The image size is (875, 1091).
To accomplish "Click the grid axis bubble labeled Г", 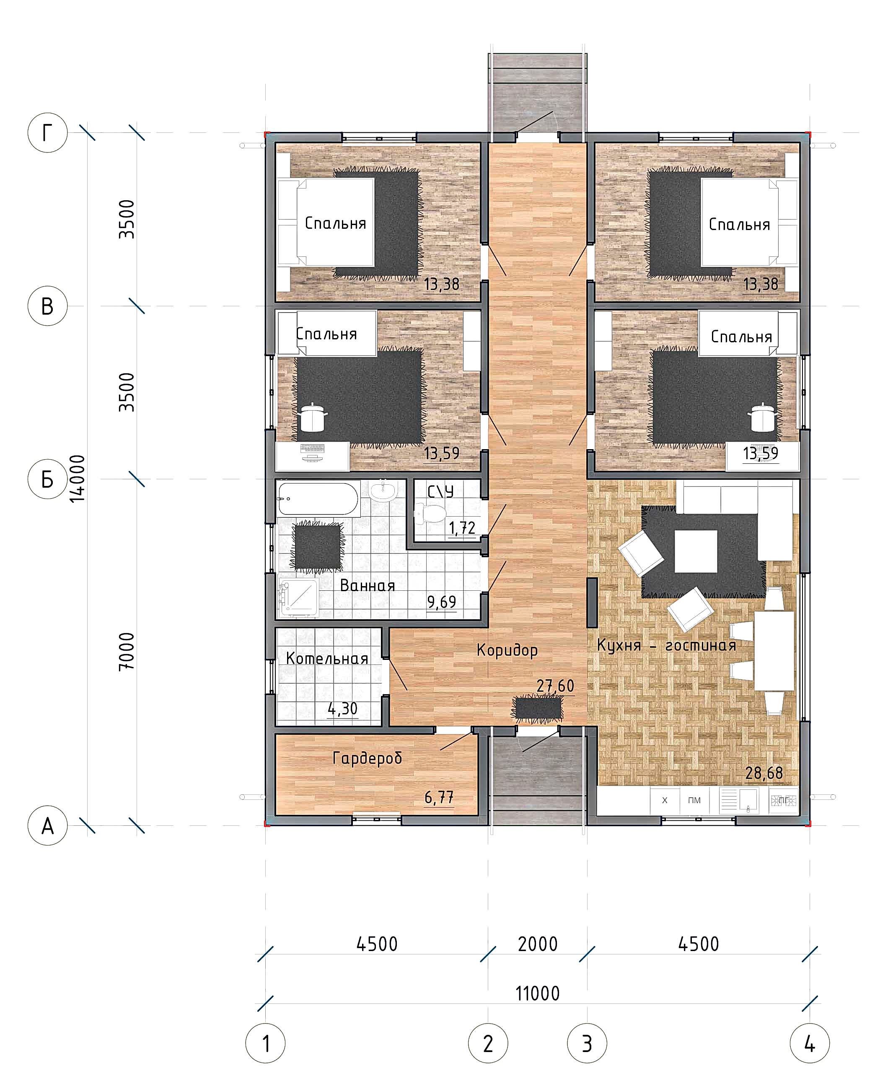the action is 47,132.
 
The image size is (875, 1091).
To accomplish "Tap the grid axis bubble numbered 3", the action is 587,1043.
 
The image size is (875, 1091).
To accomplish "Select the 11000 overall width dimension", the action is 538,993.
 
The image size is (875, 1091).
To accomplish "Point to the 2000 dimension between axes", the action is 538,944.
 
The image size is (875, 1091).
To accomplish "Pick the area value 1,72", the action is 462,528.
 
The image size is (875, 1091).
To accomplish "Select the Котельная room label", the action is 327,658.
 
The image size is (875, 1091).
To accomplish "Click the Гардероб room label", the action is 368,757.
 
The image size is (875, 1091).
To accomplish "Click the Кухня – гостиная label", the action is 666,645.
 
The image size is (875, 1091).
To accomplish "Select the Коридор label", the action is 507,650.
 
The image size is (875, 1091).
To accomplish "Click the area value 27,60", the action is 555,686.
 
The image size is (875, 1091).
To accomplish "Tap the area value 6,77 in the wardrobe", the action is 439,797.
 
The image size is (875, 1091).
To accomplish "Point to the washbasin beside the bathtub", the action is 383,491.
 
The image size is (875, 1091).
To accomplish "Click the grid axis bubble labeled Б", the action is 47,479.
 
